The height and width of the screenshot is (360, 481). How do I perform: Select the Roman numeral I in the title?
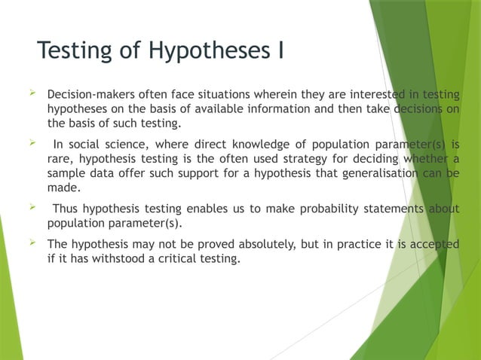[280, 51]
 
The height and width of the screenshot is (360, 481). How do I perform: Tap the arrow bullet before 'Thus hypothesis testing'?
[32, 207]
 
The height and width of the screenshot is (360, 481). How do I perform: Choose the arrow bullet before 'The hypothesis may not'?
[32, 243]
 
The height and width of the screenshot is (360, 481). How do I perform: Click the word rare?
[60, 159]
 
